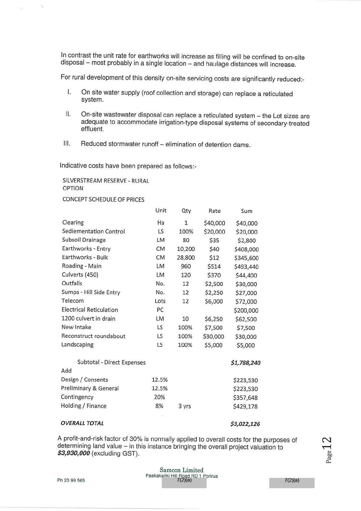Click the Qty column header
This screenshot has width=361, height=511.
click(x=186, y=211)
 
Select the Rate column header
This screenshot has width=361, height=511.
click(x=214, y=211)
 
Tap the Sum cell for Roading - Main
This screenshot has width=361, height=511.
click(x=246, y=267)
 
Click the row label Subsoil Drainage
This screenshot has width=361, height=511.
click(x=84, y=240)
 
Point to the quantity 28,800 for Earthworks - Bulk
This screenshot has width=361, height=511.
click(x=186, y=258)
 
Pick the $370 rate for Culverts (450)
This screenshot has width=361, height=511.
click(x=214, y=275)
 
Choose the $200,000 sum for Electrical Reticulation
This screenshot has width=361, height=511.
click(x=246, y=310)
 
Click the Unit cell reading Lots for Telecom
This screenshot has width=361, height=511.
click(x=160, y=301)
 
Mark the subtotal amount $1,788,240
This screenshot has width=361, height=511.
click(x=245, y=363)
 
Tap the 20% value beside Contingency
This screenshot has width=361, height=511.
click(x=159, y=397)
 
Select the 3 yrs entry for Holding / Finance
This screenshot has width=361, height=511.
click(x=184, y=406)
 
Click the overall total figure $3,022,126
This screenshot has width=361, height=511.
click(x=245, y=424)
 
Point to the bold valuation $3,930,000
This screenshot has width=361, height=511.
click(x=74, y=453)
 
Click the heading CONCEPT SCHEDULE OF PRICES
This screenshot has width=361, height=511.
click(x=103, y=199)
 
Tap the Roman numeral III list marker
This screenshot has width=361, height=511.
click(x=67, y=144)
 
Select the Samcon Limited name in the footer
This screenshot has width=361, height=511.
click(x=181, y=470)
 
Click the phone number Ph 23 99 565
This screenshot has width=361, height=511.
click(x=71, y=480)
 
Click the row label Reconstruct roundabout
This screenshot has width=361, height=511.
click(x=93, y=336)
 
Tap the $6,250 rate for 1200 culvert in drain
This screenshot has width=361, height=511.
click(x=214, y=319)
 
